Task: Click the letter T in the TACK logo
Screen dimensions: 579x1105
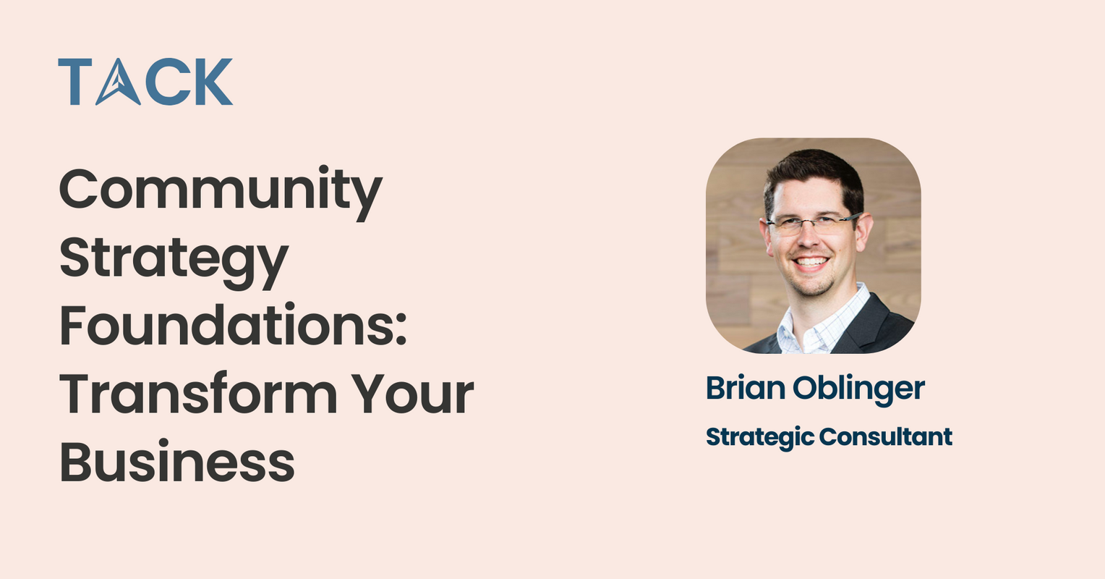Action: (x=74, y=82)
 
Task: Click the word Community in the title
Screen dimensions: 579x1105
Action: (x=220, y=190)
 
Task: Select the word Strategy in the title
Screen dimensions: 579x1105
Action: (x=174, y=259)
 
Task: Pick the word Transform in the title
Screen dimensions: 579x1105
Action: (x=197, y=394)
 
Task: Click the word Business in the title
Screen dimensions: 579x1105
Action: (x=176, y=463)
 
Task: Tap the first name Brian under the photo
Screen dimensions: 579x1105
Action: (x=746, y=389)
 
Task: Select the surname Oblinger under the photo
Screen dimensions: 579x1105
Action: (x=859, y=389)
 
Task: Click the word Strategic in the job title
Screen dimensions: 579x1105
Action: (x=759, y=437)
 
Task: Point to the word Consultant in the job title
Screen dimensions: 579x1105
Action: (x=886, y=436)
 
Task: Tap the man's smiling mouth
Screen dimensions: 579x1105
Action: (x=811, y=262)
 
